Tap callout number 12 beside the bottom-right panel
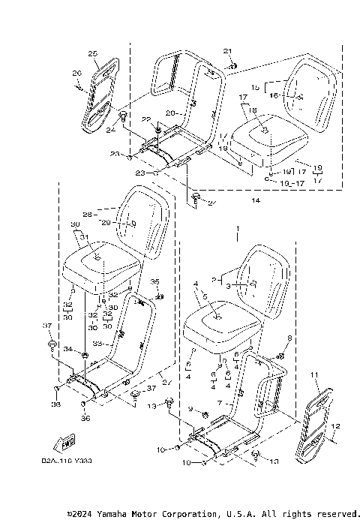click(x=335, y=426)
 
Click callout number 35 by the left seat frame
click(x=155, y=281)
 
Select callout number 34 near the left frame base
click(x=67, y=350)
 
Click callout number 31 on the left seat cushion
click(x=84, y=238)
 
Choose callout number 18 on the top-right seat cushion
click(x=253, y=110)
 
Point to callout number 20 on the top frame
click(x=169, y=113)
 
